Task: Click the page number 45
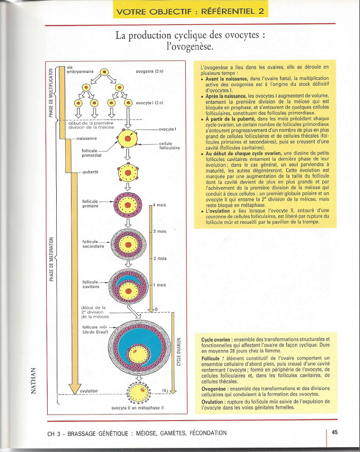coord(335,432)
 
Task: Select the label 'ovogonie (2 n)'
coord(150,71)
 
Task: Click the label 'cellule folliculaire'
coord(169,146)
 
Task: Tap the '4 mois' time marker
coord(160,205)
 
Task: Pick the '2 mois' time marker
coord(160,258)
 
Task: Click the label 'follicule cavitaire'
coord(91,284)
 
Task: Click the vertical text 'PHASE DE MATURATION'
coord(51,257)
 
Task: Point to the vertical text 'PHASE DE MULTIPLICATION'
coord(51,93)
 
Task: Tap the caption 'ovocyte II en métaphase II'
coord(138,408)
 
